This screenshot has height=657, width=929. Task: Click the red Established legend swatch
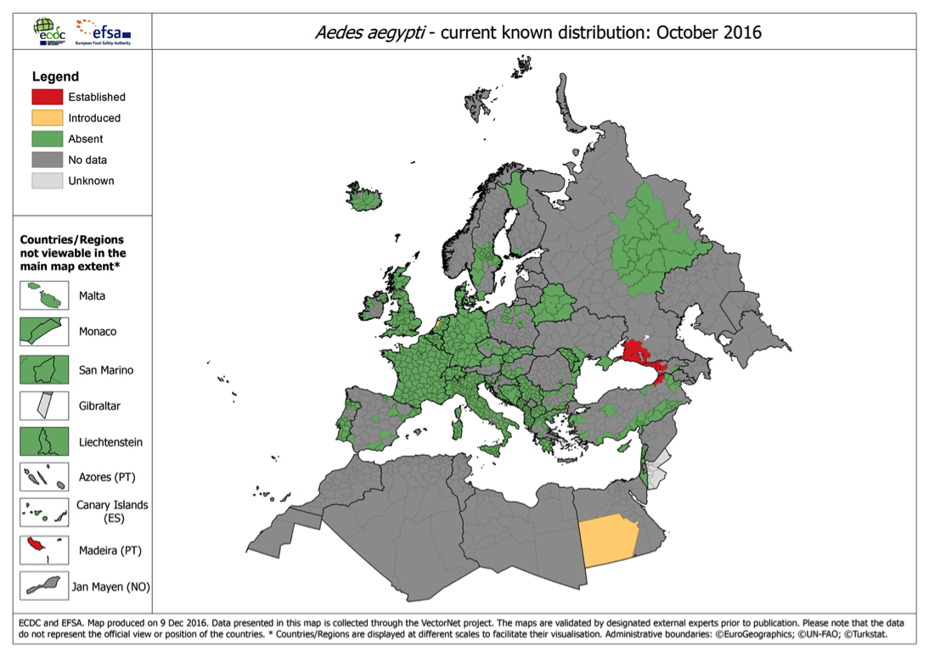pyautogui.click(x=48, y=97)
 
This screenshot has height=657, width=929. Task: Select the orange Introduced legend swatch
pyautogui.click(x=48, y=118)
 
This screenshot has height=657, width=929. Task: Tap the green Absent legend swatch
pyautogui.click(x=48, y=138)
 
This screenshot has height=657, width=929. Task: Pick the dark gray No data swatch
pyautogui.click(x=48, y=160)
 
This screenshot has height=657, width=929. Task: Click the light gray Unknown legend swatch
pyautogui.click(x=48, y=180)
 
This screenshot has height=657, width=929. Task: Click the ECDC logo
pyautogui.click(x=48, y=31)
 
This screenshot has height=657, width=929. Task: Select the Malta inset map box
pyautogui.click(x=44, y=296)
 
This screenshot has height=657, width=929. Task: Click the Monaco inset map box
pyautogui.click(x=44, y=332)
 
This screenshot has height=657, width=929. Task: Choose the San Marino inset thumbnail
pyautogui.click(x=44, y=370)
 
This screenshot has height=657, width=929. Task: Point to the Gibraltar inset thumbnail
pyautogui.click(x=44, y=406)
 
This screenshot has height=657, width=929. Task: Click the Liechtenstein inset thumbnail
pyautogui.click(x=44, y=441)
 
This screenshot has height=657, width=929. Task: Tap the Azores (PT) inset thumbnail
pyautogui.click(x=44, y=477)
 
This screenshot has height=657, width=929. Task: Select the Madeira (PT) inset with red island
pyautogui.click(x=44, y=550)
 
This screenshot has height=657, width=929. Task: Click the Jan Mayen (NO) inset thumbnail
pyautogui.click(x=44, y=586)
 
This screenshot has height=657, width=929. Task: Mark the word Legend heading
pyautogui.click(x=55, y=76)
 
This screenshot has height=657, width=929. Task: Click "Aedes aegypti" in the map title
pyautogui.click(x=367, y=33)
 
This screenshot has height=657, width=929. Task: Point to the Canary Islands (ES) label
pyautogui.click(x=112, y=511)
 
